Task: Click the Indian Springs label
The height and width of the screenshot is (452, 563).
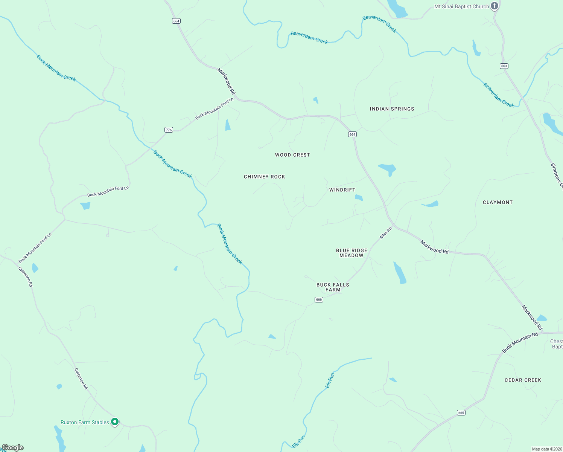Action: click(x=392, y=109)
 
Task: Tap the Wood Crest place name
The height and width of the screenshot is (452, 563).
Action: click(x=292, y=155)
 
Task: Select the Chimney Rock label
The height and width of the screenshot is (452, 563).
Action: click(x=264, y=177)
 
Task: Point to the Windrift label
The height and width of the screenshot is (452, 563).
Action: click(x=342, y=190)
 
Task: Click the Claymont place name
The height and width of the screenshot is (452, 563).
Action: click(x=498, y=202)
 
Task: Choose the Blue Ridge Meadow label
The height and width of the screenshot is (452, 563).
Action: click(x=351, y=253)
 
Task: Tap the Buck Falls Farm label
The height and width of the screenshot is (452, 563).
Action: click(x=333, y=287)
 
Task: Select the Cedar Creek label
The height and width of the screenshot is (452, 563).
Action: click(x=523, y=380)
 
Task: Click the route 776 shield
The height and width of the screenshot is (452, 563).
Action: click(x=169, y=130)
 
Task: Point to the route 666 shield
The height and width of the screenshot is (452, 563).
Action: click(x=319, y=299)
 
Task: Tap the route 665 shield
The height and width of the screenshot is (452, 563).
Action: click(x=461, y=413)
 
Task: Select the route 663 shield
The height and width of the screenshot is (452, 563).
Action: click(x=504, y=66)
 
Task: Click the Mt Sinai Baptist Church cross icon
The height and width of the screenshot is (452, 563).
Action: click(x=495, y=6)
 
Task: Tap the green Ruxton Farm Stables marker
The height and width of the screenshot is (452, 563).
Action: click(x=115, y=422)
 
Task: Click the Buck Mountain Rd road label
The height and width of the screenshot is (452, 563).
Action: click(x=520, y=343)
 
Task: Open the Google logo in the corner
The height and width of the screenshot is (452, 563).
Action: click(x=12, y=447)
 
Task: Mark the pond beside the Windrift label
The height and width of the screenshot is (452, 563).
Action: click(x=359, y=198)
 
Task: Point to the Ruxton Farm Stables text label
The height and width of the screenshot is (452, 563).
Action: click(x=85, y=422)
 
